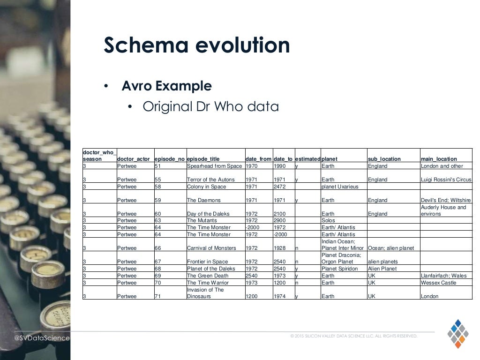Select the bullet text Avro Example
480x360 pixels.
point(166,86)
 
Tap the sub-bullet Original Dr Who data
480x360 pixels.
point(210,107)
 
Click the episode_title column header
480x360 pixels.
point(203,159)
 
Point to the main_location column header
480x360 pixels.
point(439,159)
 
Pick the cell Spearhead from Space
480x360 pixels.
point(214,166)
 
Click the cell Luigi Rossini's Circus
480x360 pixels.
point(446,180)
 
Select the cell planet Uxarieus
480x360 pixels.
point(340,187)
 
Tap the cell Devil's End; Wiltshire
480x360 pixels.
point(445,200)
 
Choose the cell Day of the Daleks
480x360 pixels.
point(208,214)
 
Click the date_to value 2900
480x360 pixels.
point(279,220)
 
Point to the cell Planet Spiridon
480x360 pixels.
point(339,269)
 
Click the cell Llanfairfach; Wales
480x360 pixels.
point(443,276)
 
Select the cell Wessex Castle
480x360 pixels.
point(438,283)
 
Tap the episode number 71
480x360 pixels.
point(157,296)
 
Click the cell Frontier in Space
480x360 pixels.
point(207,262)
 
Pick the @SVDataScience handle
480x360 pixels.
point(42,338)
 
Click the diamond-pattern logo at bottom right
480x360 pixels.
point(457,333)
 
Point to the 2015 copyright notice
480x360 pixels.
point(353,336)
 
